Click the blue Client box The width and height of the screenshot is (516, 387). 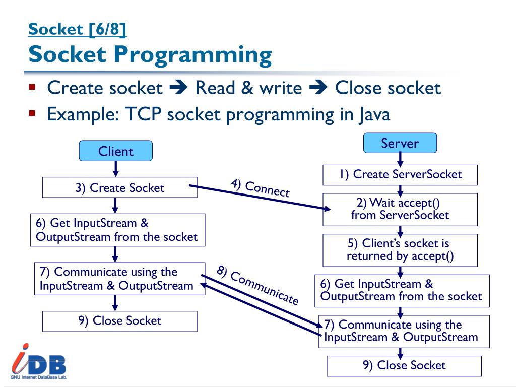click(x=115, y=151)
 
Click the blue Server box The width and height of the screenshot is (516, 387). click(x=400, y=143)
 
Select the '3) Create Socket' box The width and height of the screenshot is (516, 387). click(x=120, y=188)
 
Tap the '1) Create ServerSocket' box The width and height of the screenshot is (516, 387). click(x=400, y=175)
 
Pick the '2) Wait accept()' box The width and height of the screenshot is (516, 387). click(x=400, y=209)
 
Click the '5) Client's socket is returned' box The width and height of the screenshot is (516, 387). click(x=400, y=250)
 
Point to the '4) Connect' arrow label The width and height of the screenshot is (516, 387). click(x=261, y=188)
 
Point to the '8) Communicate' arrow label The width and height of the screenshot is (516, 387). click(x=257, y=285)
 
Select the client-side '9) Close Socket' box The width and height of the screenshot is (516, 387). click(x=120, y=321)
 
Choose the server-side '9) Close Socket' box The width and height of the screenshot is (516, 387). click(x=404, y=366)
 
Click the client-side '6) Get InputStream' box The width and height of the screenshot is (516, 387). click(x=117, y=230)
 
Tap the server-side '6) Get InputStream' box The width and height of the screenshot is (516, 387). click(x=402, y=290)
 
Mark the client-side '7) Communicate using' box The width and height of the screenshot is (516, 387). click(x=119, y=279)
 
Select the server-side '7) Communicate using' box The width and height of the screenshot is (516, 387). click(x=404, y=331)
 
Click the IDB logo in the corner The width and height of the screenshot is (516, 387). click(x=39, y=361)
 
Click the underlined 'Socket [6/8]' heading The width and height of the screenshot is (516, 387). click(x=78, y=30)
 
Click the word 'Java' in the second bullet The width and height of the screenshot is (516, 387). click(x=374, y=114)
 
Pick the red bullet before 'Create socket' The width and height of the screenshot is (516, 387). click(x=32, y=87)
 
